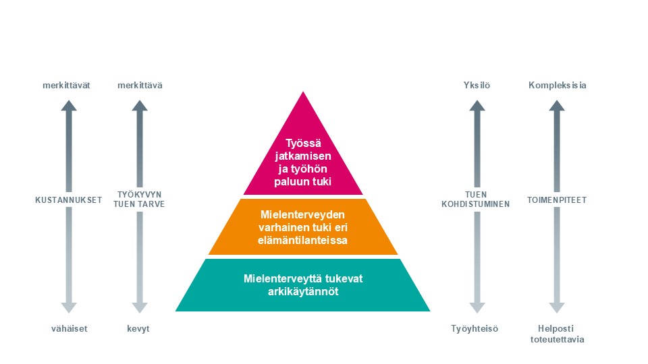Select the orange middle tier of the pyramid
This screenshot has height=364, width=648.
tap(303, 226)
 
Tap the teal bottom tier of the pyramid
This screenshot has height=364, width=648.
tap(302, 284)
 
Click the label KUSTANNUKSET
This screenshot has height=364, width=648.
tap(68, 200)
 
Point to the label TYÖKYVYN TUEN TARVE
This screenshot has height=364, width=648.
tap(140, 200)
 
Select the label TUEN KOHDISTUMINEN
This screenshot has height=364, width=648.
tap(477, 200)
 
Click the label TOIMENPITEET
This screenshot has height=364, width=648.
tap(557, 200)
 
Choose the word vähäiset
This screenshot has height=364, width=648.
tap(68, 329)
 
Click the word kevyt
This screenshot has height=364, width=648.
tap(139, 329)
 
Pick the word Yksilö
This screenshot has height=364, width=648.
tap(477, 86)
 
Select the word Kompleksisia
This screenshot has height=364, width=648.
tap(557, 86)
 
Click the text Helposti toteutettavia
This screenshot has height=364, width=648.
tap(557, 334)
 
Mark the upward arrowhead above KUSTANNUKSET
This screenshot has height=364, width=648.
tap(68, 105)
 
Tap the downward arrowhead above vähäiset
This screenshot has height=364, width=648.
tap(68, 307)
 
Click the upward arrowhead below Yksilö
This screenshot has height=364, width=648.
tap(477, 105)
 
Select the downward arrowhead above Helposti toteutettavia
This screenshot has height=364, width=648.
tap(557, 307)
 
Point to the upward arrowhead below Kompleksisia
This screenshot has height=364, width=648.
tap(557, 105)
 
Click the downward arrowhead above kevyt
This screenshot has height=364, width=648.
tap(140, 307)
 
